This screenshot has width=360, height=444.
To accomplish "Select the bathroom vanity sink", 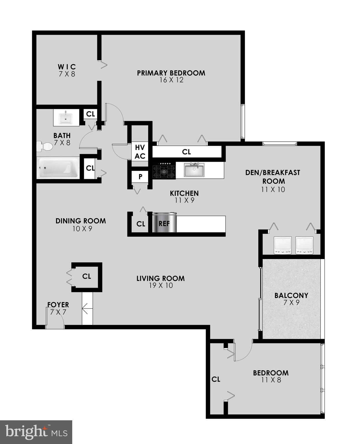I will click(66, 118).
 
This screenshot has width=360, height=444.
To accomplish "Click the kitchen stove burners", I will click(164, 171).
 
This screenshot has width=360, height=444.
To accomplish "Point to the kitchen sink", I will click(194, 170).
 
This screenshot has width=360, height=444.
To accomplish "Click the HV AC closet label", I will click(140, 152).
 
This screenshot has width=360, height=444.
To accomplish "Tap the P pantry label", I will click(140, 177).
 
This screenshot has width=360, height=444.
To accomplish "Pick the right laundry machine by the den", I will click(304, 245).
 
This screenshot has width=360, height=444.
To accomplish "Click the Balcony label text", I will click(291, 295).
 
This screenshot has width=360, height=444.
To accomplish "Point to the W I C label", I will click(67, 67).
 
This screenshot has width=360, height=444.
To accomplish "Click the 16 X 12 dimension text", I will click(171, 80).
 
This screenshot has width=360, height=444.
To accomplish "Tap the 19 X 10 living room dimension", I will click(160, 286).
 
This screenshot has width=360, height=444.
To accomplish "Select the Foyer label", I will click(58, 305).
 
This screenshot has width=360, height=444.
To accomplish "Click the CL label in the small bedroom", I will click(216, 379).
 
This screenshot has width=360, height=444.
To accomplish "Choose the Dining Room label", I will click(81, 221).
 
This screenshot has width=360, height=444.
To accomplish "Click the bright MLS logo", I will click(36, 432).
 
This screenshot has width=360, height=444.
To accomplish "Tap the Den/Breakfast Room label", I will click(273, 177).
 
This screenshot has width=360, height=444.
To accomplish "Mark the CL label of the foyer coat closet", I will click(87, 276).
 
